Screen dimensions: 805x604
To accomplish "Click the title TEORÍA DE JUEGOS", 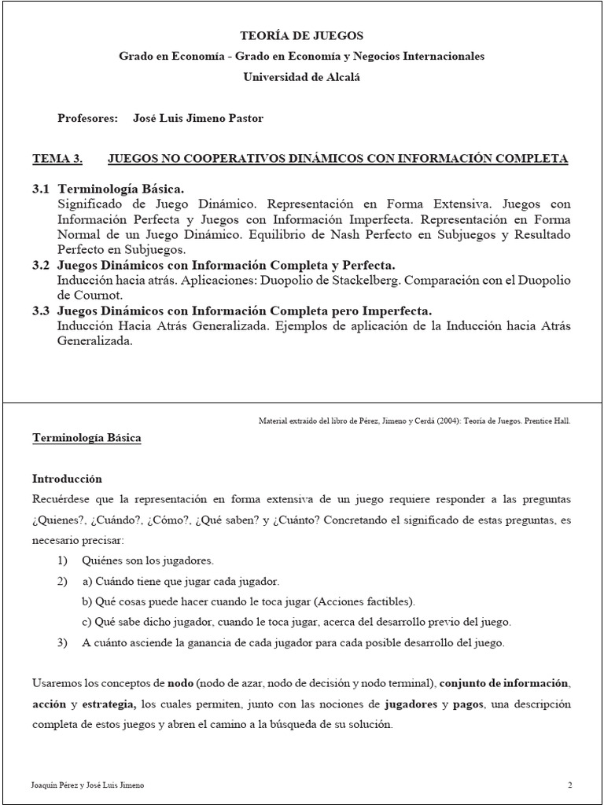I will click(301, 36).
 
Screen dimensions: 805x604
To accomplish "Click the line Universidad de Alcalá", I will click(301, 76).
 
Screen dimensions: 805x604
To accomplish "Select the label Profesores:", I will click(87, 118).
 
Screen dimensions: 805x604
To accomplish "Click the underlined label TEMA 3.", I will click(57, 159).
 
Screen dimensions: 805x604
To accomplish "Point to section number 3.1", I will click(41, 189).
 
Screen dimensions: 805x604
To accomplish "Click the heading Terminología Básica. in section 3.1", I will click(121, 189).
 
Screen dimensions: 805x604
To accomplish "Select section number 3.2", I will click(41, 266).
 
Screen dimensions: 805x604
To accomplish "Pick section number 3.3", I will click(41, 311).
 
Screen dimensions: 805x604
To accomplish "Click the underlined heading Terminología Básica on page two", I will click(87, 438).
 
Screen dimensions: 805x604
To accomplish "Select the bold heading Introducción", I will click(67, 478).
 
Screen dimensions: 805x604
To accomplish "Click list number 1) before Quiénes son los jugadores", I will click(63, 561).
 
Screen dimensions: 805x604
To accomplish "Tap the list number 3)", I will click(63, 642).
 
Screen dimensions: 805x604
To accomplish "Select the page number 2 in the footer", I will click(569, 785).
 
